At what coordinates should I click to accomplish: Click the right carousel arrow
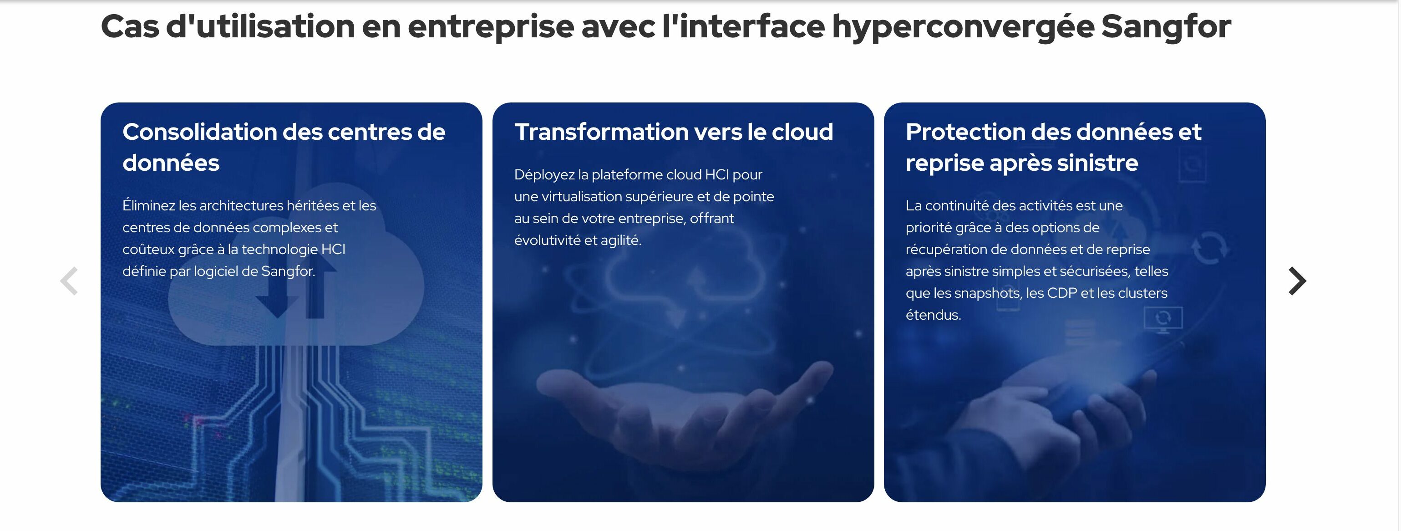pyautogui.click(x=1297, y=281)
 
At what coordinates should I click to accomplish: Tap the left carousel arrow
pyautogui.click(x=69, y=281)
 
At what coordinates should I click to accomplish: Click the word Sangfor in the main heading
pyautogui.click(x=1166, y=27)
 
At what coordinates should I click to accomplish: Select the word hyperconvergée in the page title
pyautogui.click(x=963, y=27)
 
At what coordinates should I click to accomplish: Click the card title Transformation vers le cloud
pyautogui.click(x=674, y=132)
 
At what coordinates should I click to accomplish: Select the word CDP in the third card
pyautogui.click(x=1061, y=293)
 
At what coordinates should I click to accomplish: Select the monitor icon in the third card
pyautogui.click(x=1163, y=320)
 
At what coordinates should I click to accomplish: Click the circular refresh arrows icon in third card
pyautogui.click(x=1209, y=249)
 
